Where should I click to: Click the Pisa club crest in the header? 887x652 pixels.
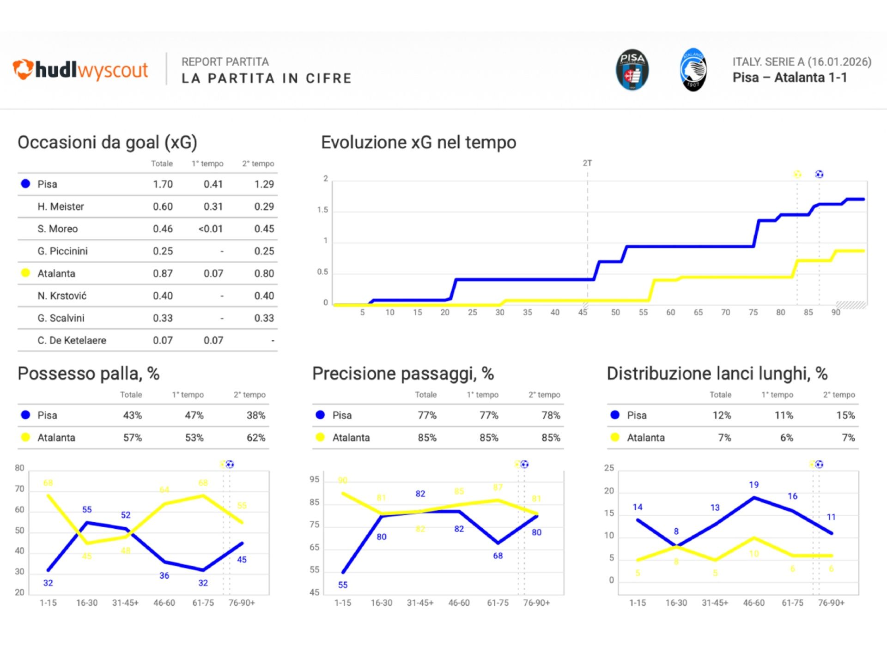(x=632, y=70)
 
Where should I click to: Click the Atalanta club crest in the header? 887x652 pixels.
(x=693, y=70)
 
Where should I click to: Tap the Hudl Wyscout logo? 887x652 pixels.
(x=80, y=70)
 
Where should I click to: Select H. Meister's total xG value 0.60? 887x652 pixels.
(x=163, y=206)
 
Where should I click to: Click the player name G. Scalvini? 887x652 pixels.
(x=61, y=318)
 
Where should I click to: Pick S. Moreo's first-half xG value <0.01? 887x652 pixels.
(x=210, y=229)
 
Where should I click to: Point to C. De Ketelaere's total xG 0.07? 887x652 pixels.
(x=163, y=340)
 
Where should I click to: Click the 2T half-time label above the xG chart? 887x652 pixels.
(x=587, y=163)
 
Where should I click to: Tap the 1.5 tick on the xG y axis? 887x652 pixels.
(x=322, y=210)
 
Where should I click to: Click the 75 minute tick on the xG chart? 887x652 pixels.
(x=753, y=313)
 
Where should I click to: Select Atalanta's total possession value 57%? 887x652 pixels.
(x=133, y=438)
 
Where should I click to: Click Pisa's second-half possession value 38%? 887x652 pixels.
(x=256, y=415)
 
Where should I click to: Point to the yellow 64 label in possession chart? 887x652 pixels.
(x=164, y=489)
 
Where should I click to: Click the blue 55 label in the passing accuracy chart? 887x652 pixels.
(x=343, y=585)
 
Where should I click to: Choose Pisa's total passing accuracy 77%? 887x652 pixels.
(x=427, y=415)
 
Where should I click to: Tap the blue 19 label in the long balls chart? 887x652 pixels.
(x=754, y=485)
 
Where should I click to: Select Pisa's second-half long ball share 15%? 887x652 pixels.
(x=845, y=415)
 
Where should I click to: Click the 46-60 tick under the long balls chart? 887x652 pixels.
(x=754, y=603)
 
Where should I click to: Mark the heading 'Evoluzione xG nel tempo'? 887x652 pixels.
(x=419, y=143)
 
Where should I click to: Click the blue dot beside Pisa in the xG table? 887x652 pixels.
(x=26, y=184)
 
